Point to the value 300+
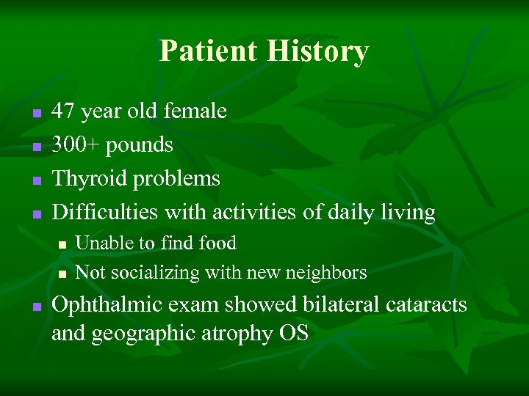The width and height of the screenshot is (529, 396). (76, 145)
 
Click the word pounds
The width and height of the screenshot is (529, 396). (140, 145)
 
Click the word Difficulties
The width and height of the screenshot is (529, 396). (105, 213)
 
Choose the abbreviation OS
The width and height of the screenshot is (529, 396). (293, 334)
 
